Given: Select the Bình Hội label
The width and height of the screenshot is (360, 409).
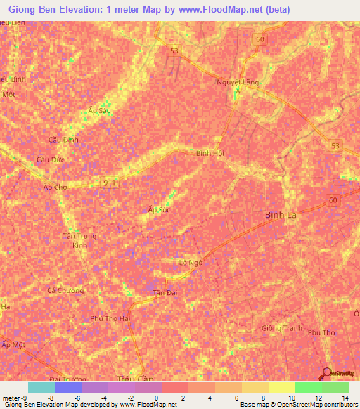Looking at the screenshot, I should pos(210,153).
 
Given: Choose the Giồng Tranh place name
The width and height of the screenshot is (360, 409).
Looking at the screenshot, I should pos(281,329).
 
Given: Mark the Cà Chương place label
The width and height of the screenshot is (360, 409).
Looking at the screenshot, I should pos(65,290).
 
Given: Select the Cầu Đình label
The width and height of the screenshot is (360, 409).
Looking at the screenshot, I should pos(63,140).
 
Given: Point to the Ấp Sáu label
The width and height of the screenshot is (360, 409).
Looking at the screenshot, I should pos(100,111).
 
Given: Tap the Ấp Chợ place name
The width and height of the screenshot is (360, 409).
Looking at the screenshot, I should pos(54,188).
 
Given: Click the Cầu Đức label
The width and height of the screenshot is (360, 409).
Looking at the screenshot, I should pos(51,160).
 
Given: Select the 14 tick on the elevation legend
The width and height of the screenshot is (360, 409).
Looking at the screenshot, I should pos(344,397).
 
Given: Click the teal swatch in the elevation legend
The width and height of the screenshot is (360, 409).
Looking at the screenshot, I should pos(41,387).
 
